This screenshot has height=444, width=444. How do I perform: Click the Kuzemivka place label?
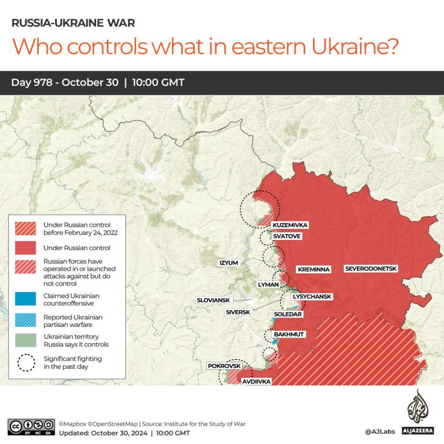pyautogui.click(x=290, y=225)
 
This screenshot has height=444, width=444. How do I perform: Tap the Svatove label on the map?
pyautogui.click(x=287, y=236)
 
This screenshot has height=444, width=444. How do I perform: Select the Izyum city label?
pyautogui.click(x=228, y=263)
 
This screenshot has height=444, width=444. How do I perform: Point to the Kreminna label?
pyautogui.click(x=313, y=269)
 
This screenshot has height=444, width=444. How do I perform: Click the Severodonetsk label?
pyautogui.click(x=371, y=269)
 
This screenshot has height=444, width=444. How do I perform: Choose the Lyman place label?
pyautogui.click(x=269, y=285)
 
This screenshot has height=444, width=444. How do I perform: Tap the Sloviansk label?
pyautogui.click(x=213, y=300)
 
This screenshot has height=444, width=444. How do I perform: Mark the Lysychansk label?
pyautogui.click(x=312, y=296)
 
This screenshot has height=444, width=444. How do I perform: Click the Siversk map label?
pyautogui.click(x=238, y=312)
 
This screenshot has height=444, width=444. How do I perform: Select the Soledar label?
pyautogui.click(x=288, y=314)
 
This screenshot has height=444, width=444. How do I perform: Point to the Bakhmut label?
pyautogui.click(x=289, y=334)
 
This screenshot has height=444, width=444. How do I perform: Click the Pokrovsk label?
pyautogui.click(x=223, y=366)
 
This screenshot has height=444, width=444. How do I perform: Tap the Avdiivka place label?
pyautogui.click(x=256, y=381)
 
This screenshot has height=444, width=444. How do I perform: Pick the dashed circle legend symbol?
pyautogui.click(x=26, y=362)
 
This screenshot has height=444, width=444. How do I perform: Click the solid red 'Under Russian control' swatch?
pyautogui.click(x=26, y=248)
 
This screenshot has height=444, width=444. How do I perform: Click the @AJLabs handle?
pyautogui.click(x=379, y=431)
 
